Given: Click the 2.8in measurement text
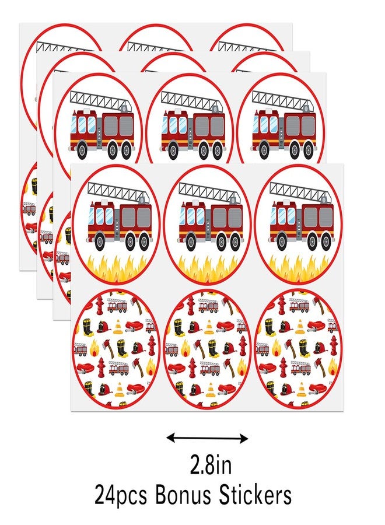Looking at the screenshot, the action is tap(211, 464).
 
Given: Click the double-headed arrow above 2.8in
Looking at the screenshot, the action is tap(207, 437).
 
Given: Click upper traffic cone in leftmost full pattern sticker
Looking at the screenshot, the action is tap(117, 327).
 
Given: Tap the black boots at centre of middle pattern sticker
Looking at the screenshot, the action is tap(214, 349).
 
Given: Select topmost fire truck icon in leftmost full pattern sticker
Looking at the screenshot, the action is tap(117, 305).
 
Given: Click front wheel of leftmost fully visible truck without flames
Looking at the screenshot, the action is tap(82, 150).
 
